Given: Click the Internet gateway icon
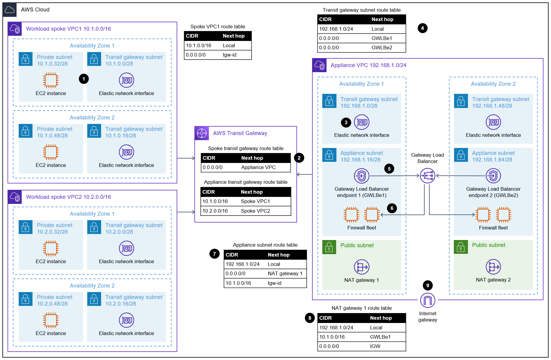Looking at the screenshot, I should click(428, 300).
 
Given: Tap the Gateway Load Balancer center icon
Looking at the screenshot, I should click(427, 176).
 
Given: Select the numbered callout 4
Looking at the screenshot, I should click(423, 28).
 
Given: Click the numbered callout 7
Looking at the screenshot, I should click(214, 254).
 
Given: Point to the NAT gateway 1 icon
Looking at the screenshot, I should click(361, 267).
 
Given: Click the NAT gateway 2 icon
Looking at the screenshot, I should click(493, 267).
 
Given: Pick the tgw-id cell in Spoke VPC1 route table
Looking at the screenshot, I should click(230, 55).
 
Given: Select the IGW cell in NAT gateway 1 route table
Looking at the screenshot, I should click(375, 346).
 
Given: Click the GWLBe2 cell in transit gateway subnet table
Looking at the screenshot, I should click(382, 48).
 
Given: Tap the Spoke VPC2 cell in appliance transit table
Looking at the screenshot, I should click(255, 211).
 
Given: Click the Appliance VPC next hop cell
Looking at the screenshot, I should click(258, 167).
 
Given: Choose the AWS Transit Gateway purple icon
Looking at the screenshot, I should click(202, 133).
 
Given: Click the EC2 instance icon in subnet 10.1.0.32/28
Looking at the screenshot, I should click(51, 80).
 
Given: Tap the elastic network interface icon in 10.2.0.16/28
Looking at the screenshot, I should click(126, 320).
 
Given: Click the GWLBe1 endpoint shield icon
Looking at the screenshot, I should click(361, 176).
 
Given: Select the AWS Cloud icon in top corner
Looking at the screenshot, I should click(10, 10).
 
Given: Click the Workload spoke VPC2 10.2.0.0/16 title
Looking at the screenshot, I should click(68, 197).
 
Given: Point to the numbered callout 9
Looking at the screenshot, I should click(428, 285).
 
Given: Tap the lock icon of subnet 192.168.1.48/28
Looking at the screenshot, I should click(461, 101).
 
